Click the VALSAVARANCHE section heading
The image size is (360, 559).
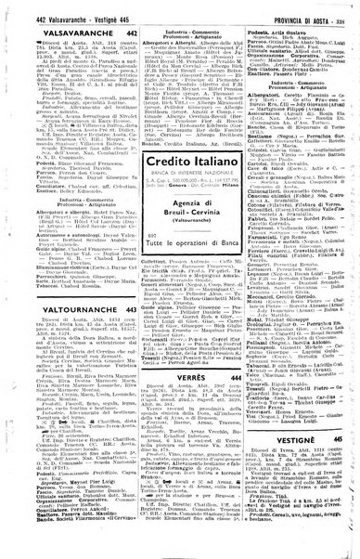pos(52,32)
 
